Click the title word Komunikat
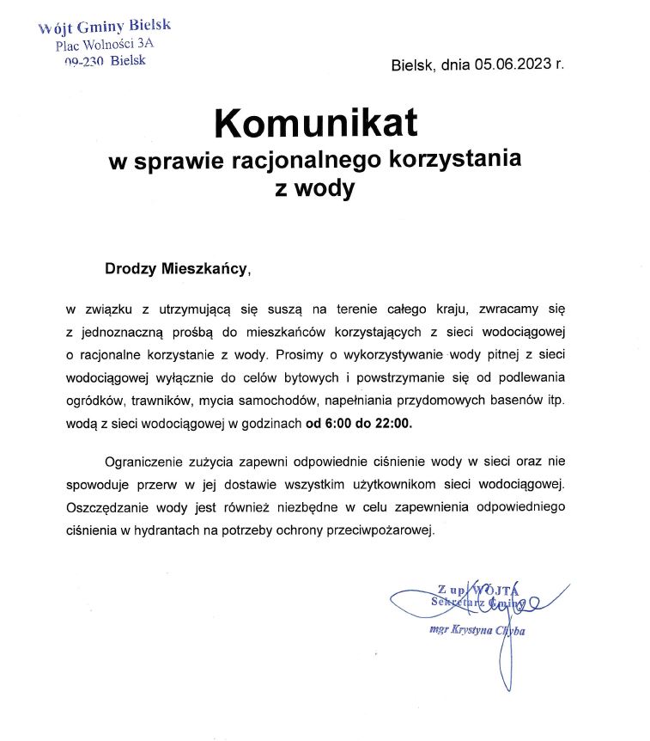point(315,124)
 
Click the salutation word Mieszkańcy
point(204,268)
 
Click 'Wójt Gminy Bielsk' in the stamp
point(105,27)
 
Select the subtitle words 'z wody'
point(313,189)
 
